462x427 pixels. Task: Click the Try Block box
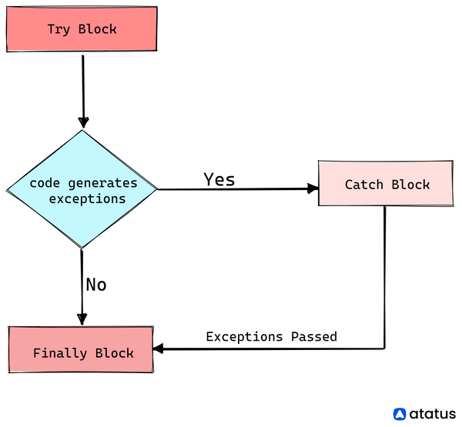pyautogui.click(x=82, y=29)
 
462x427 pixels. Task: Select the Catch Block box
pyautogui.click(x=386, y=183)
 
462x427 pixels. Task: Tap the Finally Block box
pyautogui.click(x=81, y=349)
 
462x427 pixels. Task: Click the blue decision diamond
pyautogui.click(x=82, y=189)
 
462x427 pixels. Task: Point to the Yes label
pyautogui.click(x=219, y=179)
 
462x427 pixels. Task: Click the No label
pyautogui.click(x=96, y=285)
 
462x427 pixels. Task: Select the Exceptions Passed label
pyautogui.click(x=271, y=336)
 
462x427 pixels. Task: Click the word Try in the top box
pyautogui.click(x=59, y=29)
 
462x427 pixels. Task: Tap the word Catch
pyautogui.click(x=364, y=185)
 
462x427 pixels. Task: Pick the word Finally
pyautogui.click(x=60, y=353)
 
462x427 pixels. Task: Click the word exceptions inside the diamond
pyautogui.click(x=87, y=199)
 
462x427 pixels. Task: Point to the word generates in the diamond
pyautogui.click(x=102, y=183)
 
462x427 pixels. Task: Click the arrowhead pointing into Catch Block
pyautogui.click(x=313, y=188)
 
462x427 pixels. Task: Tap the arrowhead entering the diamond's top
pyautogui.click(x=83, y=122)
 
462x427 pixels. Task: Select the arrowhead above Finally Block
pyautogui.click(x=82, y=319)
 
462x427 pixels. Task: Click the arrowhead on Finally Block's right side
pyautogui.click(x=159, y=349)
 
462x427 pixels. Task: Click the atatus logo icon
pyautogui.click(x=400, y=414)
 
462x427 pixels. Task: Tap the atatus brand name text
pyautogui.click(x=433, y=414)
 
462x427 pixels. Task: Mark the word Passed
pyautogui.click(x=314, y=336)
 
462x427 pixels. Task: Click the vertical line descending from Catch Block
pyautogui.click(x=385, y=278)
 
